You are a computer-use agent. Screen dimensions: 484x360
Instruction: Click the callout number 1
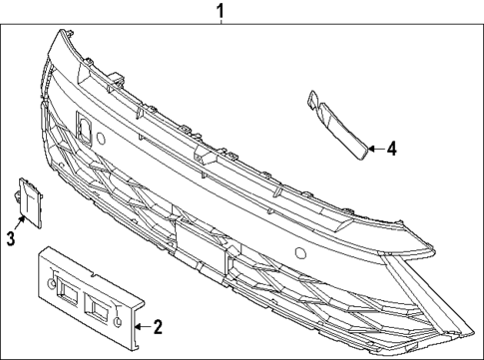pos(222,11)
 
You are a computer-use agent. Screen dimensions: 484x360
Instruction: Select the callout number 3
pos(11,237)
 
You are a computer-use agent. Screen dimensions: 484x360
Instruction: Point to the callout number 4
pos(392,149)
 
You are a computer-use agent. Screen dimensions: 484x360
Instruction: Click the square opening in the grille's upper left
pos(83,127)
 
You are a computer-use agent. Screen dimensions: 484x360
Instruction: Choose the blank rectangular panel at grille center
pos(191,240)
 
